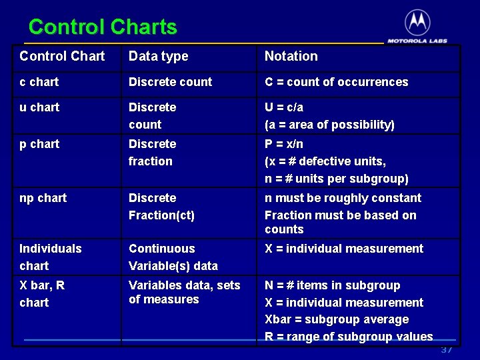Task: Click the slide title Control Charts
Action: [103, 27]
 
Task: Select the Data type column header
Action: [158, 57]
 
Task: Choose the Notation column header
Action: [291, 57]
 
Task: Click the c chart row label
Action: [39, 82]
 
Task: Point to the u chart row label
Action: [39, 107]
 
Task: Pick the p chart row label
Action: [39, 144]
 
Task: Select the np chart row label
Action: [43, 198]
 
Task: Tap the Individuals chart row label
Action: [50, 257]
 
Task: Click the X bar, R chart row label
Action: [42, 293]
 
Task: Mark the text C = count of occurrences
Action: [336, 82]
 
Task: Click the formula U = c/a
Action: [284, 107]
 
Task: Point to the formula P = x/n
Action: [284, 144]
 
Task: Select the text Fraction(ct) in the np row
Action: [161, 215]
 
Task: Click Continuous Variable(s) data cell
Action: [173, 257]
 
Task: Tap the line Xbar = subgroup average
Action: [337, 319]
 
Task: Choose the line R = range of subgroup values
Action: [349, 337]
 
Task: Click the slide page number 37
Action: [446, 350]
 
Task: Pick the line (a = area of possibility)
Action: [329, 125]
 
